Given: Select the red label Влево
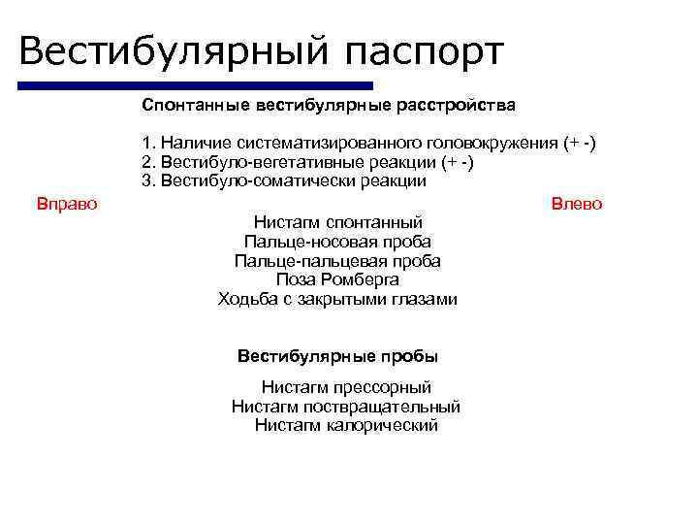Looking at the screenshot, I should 576,204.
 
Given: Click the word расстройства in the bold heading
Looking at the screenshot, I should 459,103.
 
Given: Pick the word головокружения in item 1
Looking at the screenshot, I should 494,144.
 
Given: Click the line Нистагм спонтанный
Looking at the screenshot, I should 337,222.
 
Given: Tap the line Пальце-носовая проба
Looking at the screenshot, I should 337,242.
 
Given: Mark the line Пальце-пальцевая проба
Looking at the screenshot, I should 337,261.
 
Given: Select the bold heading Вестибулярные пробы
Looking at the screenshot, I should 337,355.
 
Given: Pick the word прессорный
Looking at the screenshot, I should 379,387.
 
